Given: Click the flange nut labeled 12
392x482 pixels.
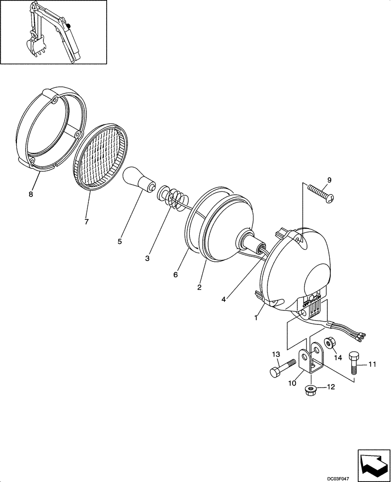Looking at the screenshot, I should [310, 390].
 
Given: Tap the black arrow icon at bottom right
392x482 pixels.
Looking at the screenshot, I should [372, 463].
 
